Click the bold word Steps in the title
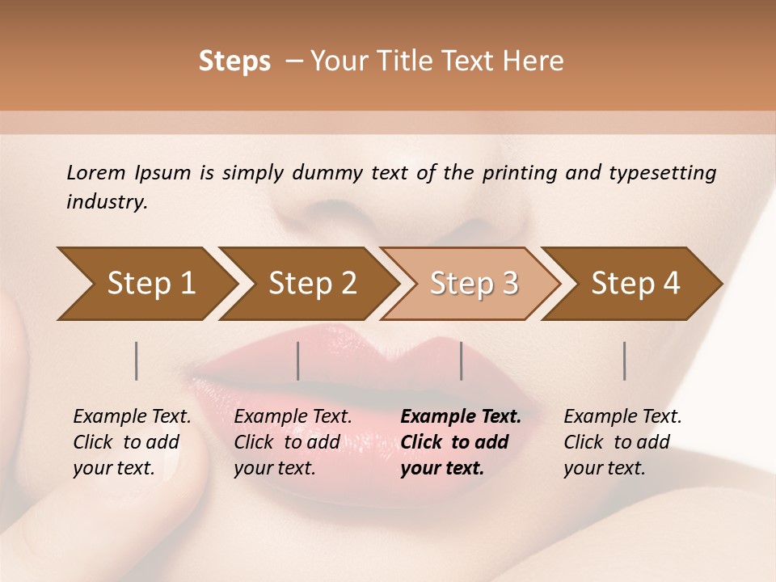pos(234,61)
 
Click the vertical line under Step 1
pos(137,361)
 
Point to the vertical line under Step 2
pos(298,361)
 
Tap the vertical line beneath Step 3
pos(462,361)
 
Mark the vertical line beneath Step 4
pos(625,361)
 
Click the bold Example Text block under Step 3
pos(461,442)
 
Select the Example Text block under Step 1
pos(132,442)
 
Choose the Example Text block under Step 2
pos(293,442)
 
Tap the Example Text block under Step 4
pos(622,442)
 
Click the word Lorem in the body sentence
pos(96,173)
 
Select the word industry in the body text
pos(107,202)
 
